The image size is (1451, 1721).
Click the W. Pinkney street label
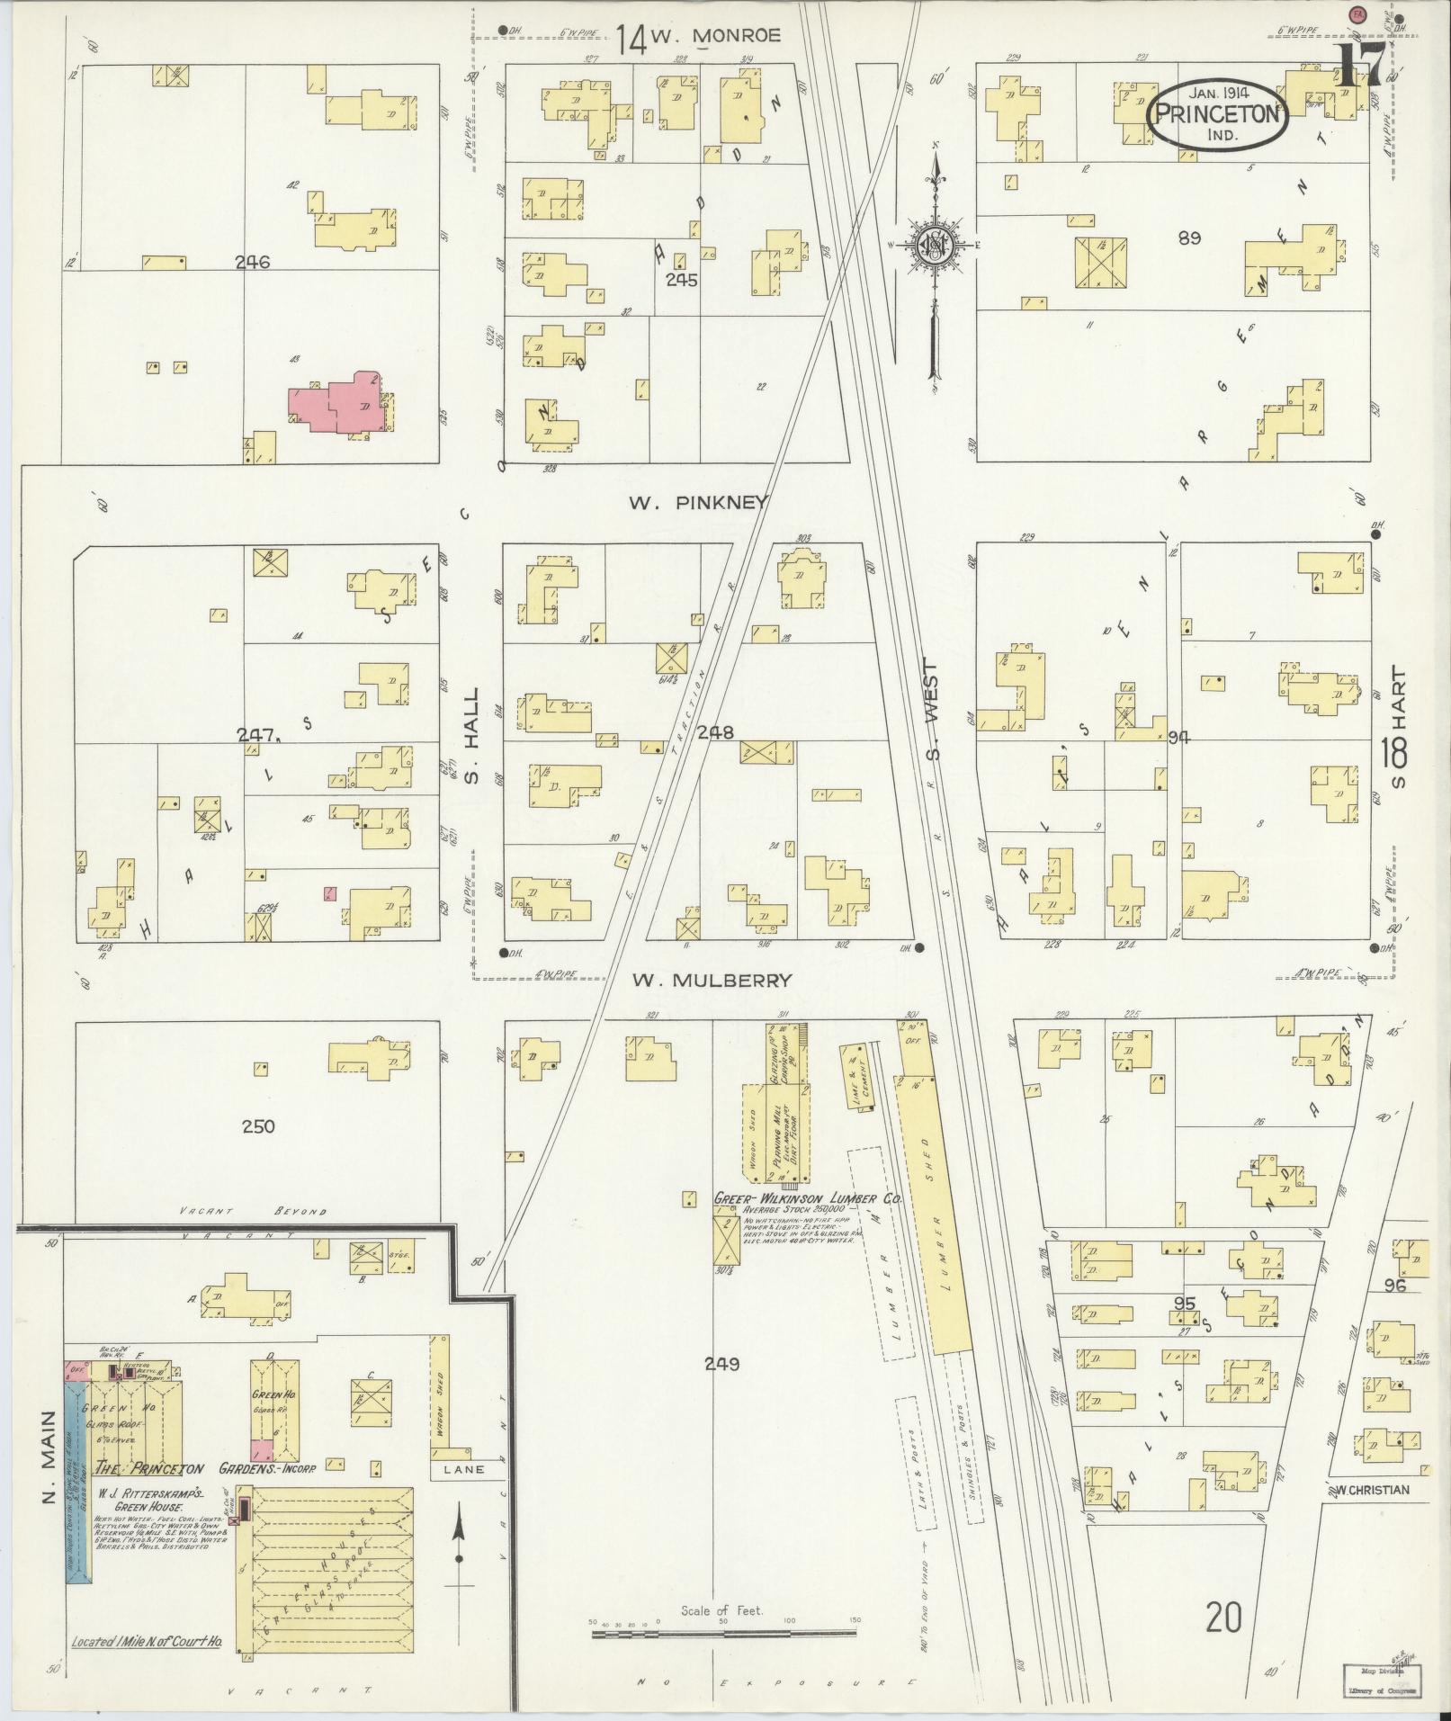[x=698, y=503]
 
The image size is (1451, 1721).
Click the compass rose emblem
[x=936, y=244]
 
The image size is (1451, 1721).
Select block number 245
[x=681, y=280]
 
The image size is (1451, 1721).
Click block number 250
[x=257, y=1126]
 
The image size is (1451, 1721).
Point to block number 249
[x=721, y=1364]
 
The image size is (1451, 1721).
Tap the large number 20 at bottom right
[x=1223, y=1618]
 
